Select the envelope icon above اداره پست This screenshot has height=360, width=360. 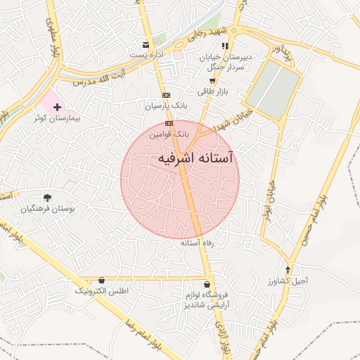tap(146, 44)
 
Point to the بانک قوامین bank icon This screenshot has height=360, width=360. tap(169, 122)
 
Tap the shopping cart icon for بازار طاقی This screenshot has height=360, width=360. tap(212, 80)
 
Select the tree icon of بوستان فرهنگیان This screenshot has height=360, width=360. tap(47, 198)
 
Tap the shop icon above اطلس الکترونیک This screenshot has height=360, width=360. tap(102, 280)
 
